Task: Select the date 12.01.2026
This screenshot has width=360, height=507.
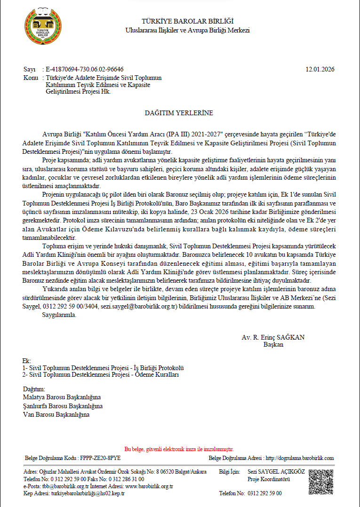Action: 320,69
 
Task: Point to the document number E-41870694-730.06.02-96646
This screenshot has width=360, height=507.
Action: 85,69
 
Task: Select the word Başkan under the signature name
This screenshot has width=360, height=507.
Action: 273,344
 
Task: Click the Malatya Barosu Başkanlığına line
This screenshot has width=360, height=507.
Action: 62,397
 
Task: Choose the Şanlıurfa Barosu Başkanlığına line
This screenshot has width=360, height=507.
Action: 63,406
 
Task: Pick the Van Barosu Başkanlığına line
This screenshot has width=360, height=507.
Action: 56,414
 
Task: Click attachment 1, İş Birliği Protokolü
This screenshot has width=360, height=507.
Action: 103,367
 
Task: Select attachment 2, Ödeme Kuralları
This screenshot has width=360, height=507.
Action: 101,374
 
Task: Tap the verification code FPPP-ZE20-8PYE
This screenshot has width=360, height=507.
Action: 100,458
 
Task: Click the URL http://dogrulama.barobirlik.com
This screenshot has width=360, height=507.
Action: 300,458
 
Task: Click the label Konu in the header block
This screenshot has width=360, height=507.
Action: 30,77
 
